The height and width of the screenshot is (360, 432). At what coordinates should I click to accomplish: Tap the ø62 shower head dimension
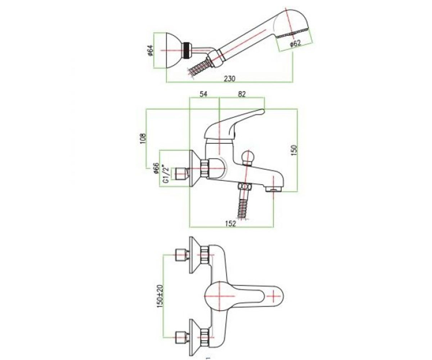point(295,44)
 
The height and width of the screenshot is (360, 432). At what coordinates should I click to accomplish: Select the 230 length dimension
point(230,78)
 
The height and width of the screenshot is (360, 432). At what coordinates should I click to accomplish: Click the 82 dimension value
point(242,94)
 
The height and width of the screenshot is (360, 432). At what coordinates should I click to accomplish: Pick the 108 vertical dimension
point(143,138)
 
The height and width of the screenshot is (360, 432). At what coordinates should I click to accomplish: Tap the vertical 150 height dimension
point(295,150)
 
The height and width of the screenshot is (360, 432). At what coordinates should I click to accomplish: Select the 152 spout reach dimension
point(231,224)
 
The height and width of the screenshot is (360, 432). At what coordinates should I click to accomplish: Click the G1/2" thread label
point(166,174)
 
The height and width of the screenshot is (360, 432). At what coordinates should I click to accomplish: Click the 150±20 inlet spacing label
point(160,296)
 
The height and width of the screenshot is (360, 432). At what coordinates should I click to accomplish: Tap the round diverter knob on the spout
point(247,157)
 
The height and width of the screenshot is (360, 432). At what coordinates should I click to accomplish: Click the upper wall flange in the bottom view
point(195,255)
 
